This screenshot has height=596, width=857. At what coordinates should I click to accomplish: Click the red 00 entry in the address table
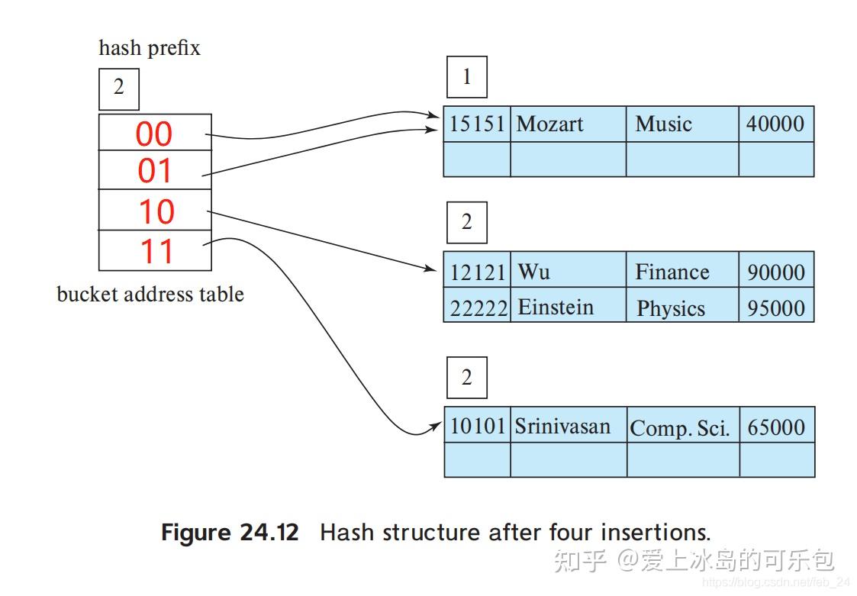coord(154,134)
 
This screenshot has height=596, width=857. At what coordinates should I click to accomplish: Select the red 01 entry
coord(155,171)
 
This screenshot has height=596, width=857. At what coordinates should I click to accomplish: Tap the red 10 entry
coord(156,211)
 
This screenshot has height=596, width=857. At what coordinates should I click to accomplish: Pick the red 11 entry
coord(156,252)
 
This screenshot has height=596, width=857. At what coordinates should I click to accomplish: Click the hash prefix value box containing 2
coord(118,89)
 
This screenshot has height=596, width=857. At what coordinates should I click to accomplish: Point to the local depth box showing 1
coord(467,76)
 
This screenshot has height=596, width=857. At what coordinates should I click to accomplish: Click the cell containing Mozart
coord(568,124)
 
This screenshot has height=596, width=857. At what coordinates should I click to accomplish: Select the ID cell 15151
coord(477,124)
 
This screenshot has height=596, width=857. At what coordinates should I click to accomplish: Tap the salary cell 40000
coord(776,124)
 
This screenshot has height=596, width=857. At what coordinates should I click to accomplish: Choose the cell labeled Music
coord(683,124)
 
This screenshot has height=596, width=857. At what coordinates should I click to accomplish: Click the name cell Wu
coord(568,270)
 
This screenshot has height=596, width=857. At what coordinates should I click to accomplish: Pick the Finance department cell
coord(683,270)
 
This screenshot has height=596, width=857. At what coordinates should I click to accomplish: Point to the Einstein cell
coord(568,305)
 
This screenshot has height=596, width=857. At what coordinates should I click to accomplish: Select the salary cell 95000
coord(776,305)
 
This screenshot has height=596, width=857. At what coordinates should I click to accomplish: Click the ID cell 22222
coord(477,305)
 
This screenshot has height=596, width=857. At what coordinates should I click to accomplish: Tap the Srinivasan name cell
coord(569,425)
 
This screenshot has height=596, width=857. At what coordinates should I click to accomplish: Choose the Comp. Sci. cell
coord(683,425)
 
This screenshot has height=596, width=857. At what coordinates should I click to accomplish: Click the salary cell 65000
coord(777,425)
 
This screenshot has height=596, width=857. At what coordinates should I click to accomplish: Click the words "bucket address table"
coord(150,294)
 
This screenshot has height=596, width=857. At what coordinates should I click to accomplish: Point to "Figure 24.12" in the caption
coord(230,532)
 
